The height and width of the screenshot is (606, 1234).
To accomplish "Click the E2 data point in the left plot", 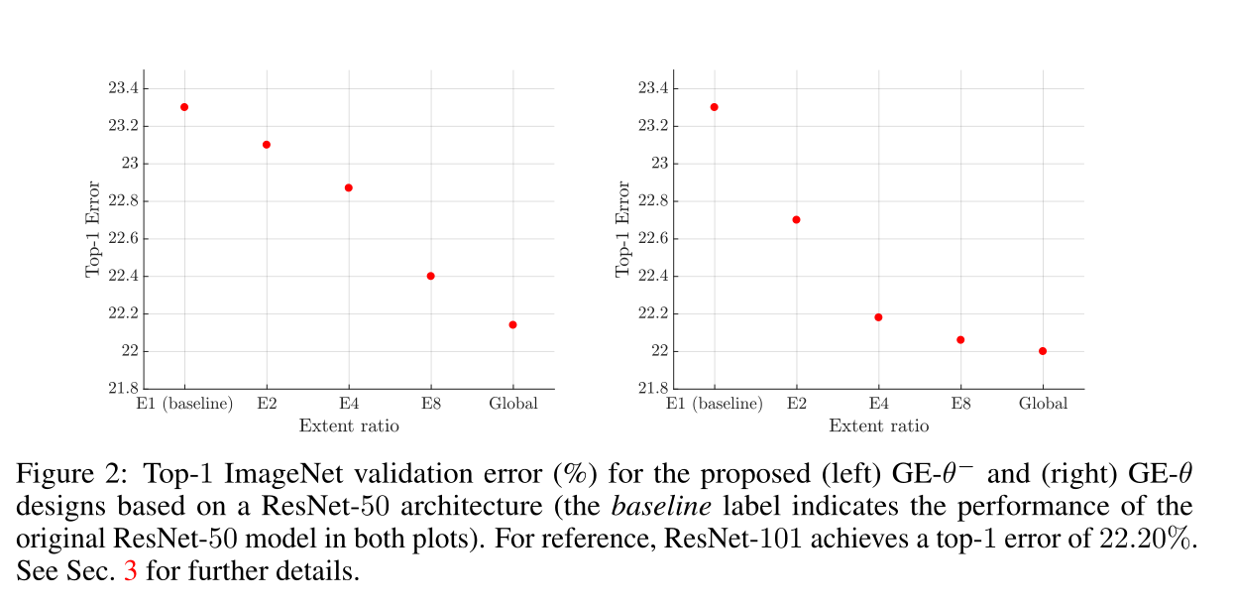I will click(x=267, y=145).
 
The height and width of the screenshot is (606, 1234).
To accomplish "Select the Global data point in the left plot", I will click(x=512, y=324).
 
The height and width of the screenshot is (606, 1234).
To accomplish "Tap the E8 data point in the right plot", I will click(x=959, y=339).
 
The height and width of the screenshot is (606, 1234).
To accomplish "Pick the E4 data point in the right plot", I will click(x=878, y=317).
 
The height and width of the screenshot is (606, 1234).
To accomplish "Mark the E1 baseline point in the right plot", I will click(x=714, y=107).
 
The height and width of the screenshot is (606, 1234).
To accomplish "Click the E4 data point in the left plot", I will click(x=348, y=187).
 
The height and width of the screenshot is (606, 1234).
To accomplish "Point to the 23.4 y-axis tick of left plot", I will click(x=123, y=88).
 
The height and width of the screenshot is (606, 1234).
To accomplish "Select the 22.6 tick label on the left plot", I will click(x=123, y=239).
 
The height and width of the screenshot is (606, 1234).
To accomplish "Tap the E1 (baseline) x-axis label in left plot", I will click(x=184, y=404).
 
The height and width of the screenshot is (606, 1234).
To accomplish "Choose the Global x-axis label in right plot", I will click(x=1043, y=404).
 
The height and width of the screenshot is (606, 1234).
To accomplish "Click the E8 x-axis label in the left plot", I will click(x=430, y=404).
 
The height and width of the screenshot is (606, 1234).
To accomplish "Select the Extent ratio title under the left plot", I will click(x=349, y=426).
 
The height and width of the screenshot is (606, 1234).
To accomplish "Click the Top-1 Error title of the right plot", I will click(x=623, y=229).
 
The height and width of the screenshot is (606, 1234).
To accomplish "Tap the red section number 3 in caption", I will click(x=130, y=573).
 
